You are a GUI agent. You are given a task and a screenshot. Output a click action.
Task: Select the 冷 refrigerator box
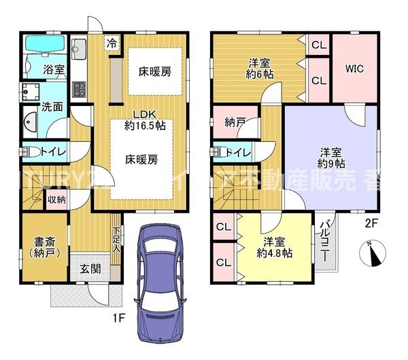(110, 42)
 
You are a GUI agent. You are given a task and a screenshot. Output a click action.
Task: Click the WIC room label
(354, 68)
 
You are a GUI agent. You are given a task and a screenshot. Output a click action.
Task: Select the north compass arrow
(371, 253)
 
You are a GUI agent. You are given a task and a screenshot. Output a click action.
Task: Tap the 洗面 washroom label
(33, 107)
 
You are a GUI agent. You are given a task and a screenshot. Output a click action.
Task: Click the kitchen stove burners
(78, 89)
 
